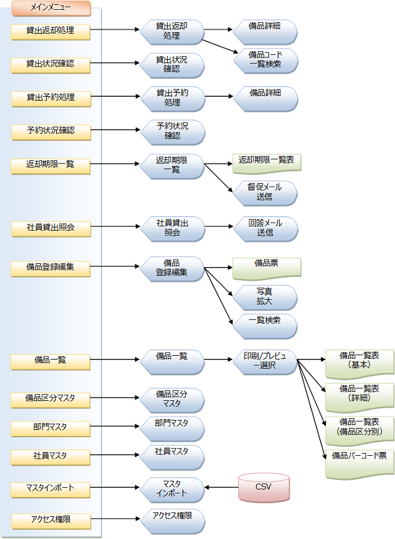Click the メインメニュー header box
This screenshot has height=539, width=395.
(51, 9)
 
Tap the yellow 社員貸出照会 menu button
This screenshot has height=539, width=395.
(51, 229)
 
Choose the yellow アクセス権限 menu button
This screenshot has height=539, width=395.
(51, 520)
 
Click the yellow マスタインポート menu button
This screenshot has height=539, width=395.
(51, 488)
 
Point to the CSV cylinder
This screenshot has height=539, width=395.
(264, 487)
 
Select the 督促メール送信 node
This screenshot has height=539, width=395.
(265, 192)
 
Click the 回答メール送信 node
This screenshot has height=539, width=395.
(265, 228)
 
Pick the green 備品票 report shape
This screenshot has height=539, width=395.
(267, 266)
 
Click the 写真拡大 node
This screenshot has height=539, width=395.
(265, 297)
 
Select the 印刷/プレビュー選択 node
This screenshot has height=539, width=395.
(265, 361)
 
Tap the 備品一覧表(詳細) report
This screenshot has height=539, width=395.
(359, 395)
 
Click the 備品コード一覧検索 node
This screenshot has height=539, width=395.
(265, 59)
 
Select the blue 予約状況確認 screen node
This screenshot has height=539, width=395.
(172, 131)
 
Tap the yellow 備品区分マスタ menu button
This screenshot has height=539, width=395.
(51, 398)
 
